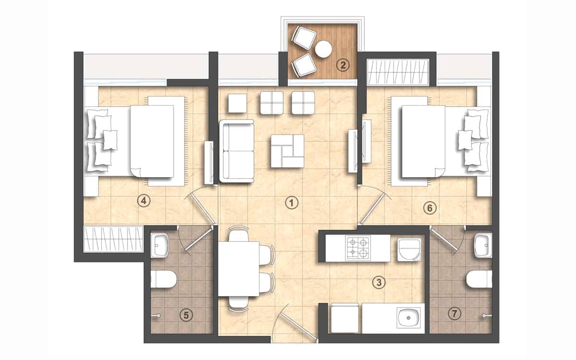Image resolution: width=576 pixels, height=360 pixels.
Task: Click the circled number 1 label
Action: click(291, 203)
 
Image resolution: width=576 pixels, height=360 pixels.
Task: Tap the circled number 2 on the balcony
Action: click(343, 65)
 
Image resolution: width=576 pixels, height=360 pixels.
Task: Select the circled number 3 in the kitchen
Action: click(379, 282)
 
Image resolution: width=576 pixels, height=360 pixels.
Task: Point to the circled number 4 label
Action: click(144, 201)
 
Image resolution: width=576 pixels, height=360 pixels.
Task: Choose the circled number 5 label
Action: click(186, 315)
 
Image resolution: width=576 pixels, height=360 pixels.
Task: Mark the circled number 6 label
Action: click(430, 208)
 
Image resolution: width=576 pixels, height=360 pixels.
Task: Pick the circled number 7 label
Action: click(455, 314)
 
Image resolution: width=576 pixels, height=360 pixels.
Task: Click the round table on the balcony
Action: click(323, 49)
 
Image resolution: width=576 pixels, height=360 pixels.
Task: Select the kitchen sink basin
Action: click(408, 318)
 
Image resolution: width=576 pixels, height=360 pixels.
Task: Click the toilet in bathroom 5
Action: click(163, 279)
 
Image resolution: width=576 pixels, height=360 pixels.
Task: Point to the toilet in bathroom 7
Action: click(479, 279)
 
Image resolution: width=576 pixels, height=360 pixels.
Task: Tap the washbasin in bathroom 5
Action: click(159, 245)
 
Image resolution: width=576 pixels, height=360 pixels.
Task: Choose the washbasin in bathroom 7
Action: click(483, 245)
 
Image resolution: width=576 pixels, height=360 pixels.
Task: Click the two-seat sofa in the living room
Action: click(237, 151)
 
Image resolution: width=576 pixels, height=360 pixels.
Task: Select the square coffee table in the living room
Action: click(287, 151)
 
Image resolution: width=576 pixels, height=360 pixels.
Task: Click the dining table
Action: click(239, 269)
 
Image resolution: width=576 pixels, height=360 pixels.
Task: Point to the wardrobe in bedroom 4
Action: click(113, 239)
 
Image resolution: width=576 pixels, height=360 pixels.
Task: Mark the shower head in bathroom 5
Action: click(157, 315)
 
